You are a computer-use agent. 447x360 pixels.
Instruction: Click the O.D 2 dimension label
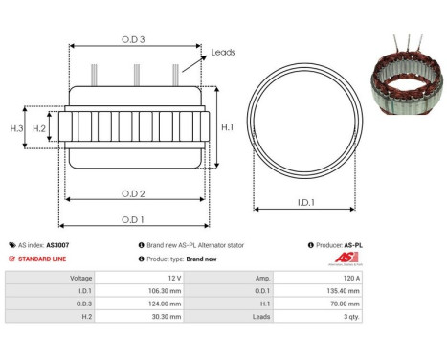click(x=133, y=194)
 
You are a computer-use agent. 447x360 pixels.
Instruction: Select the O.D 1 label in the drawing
click(x=133, y=219)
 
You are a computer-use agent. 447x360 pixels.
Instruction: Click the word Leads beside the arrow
click(x=223, y=53)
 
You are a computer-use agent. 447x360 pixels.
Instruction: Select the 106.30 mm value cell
click(x=197, y=289)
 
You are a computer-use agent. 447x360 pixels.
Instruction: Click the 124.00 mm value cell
click(x=197, y=303)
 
